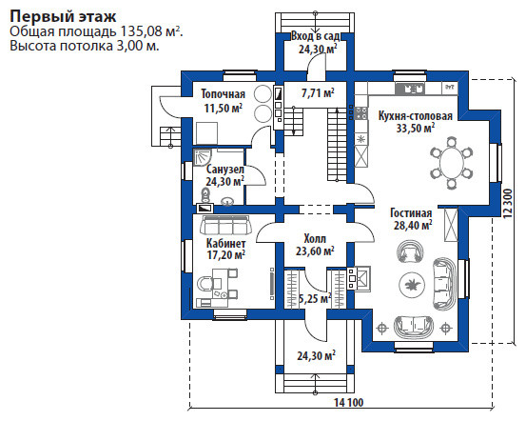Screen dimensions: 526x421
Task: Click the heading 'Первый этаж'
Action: pyautogui.click(x=63, y=16)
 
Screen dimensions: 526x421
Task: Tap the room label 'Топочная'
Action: pyautogui.click(x=224, y=94)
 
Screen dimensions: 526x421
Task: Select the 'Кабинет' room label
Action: pyautogui.click(x=225, y=243)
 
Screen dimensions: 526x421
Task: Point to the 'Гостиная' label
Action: pyautogui.click(x=411, y=213)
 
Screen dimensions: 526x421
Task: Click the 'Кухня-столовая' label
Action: pyautogui.click(x=416, y=116)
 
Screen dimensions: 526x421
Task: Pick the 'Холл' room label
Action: pyautogui.click(x=315, y=238)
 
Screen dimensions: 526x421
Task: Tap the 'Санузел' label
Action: pyautogui.click(x=225, y=169)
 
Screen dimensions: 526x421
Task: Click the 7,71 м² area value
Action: pyautogui.click(x=318, y=92)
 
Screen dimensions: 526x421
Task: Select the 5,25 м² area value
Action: pyautogui.click(x=315, y=298)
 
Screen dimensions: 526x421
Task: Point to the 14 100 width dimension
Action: pyautogui.click(x=348, y=402)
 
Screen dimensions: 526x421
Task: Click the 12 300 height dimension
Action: pyautogui.click(x=508, y=204)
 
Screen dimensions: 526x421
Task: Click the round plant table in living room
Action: pyautogui.click(x=411, y=285)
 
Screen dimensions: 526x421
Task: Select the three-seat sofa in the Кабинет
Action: pyautogui.click(x=226, y=225)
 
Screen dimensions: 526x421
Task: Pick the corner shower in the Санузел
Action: pyautogui.click(x=203, y=158)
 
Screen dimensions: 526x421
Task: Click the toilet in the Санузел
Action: pyautogui.click(x=205, y=196)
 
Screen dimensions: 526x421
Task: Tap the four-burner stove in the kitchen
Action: pyautogui.click(x=360, y=113)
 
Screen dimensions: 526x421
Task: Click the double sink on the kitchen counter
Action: pyautogui.click(x=410, y=89)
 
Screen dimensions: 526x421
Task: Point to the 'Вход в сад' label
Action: pyautogui.click(x=316, y=36)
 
